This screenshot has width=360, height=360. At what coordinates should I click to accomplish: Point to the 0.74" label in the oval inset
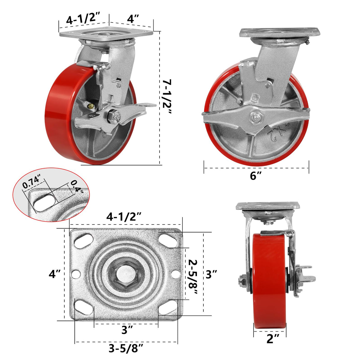point(31,182)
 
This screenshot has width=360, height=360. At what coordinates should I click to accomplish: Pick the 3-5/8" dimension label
point(126,349)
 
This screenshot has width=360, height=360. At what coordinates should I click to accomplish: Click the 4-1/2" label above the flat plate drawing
point(124,217)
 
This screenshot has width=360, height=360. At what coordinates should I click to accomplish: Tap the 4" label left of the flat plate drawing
point(55,274)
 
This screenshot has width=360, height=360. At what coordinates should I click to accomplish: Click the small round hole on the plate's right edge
point(176,274)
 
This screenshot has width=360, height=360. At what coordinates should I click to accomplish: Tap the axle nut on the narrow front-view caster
point(242,279)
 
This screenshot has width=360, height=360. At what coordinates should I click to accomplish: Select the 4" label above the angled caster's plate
point(133,19)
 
